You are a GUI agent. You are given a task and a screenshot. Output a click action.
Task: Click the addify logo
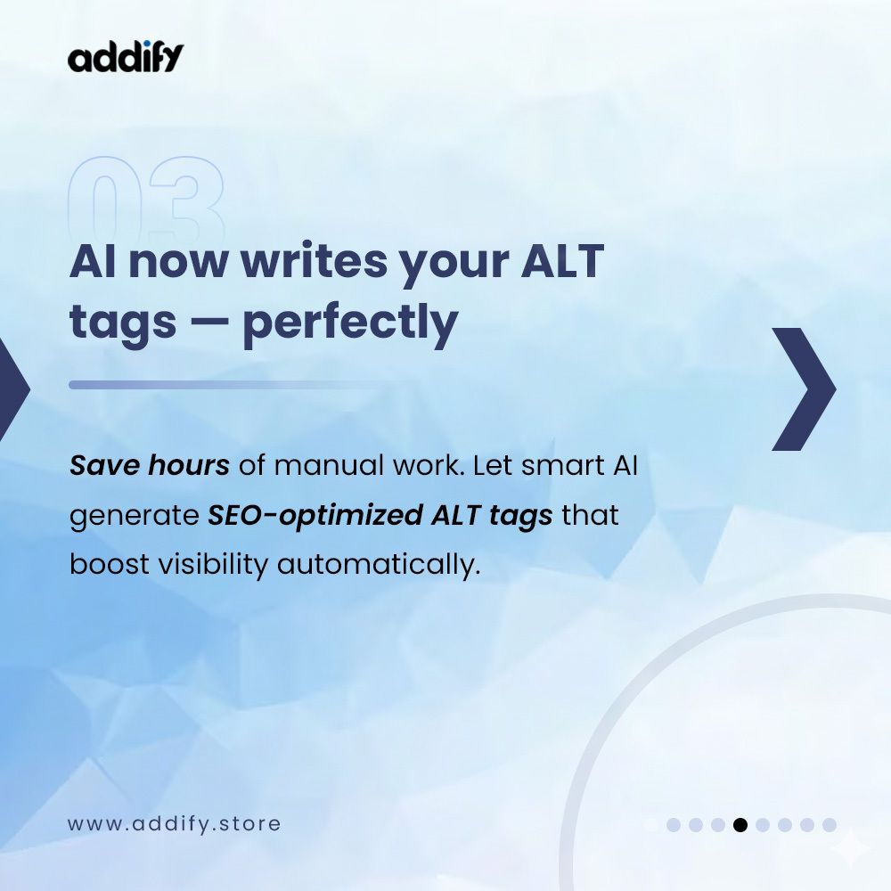(126, 57)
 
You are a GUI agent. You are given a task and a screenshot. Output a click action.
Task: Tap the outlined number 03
(146, 200)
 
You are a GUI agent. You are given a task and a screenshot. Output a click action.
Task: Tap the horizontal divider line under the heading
(241, 385)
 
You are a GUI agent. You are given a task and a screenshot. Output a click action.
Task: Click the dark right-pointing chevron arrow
(803, 388)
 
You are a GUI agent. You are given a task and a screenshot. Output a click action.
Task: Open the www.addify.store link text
(174, 823)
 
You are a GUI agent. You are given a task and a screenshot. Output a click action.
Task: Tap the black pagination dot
(740, 825)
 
